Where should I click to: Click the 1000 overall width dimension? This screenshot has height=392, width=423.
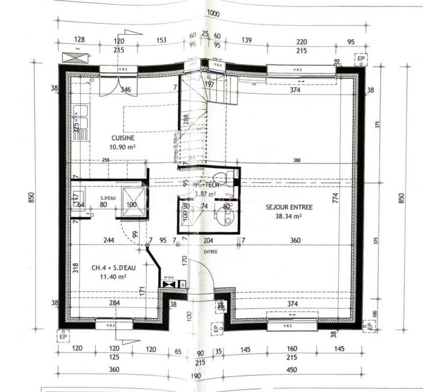click(213, 13)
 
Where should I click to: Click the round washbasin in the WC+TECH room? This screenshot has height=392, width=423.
click(224, 216)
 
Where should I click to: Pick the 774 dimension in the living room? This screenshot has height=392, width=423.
click(335, 199)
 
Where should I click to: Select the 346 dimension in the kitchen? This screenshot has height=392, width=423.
click(125, 90)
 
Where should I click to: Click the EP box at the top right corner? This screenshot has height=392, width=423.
click(360, 58)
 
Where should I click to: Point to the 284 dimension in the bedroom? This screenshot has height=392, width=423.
click(114, 303)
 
